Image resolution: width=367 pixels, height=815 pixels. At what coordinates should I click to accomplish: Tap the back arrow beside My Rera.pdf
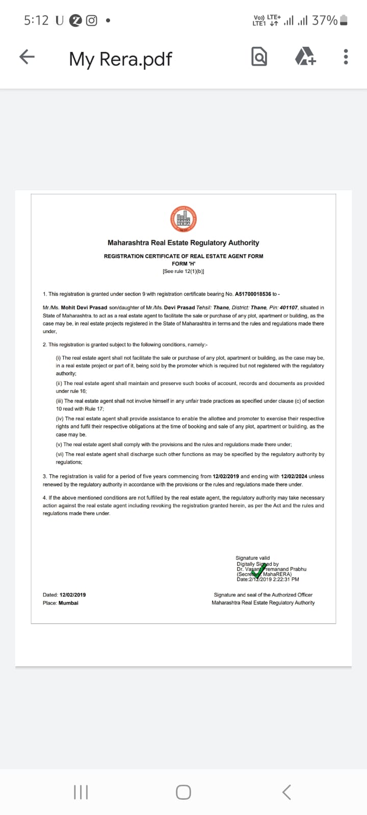pos(27,57)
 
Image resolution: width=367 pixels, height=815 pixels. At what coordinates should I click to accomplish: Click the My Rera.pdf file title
pos(121,59)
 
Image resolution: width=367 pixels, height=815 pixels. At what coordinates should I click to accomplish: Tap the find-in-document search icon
pos(259,57)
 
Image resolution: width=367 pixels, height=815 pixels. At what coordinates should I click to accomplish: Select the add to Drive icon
pos(305,57)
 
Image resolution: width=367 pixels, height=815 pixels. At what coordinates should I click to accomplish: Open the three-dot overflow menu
pos(346,57)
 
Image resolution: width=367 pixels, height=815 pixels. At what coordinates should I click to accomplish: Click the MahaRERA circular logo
pos(183,220)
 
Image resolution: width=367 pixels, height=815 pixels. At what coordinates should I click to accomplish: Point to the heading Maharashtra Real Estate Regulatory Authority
pos(183,243)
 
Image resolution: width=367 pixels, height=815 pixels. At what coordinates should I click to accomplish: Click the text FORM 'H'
pos(183,263)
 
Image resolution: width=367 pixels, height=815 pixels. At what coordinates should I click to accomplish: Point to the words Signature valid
pos(253,558)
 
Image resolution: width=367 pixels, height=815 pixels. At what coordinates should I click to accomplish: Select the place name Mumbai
pos(68,603)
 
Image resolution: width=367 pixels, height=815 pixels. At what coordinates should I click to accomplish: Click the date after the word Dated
pos(72,594)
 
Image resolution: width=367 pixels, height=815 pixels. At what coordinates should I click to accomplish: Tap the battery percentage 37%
pos(325,20)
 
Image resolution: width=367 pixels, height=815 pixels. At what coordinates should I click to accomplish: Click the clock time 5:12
pos(36,20)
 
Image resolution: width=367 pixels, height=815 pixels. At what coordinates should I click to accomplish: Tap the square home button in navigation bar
pos(183,792)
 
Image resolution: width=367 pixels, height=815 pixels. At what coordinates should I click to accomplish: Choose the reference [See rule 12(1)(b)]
pos(183,271)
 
